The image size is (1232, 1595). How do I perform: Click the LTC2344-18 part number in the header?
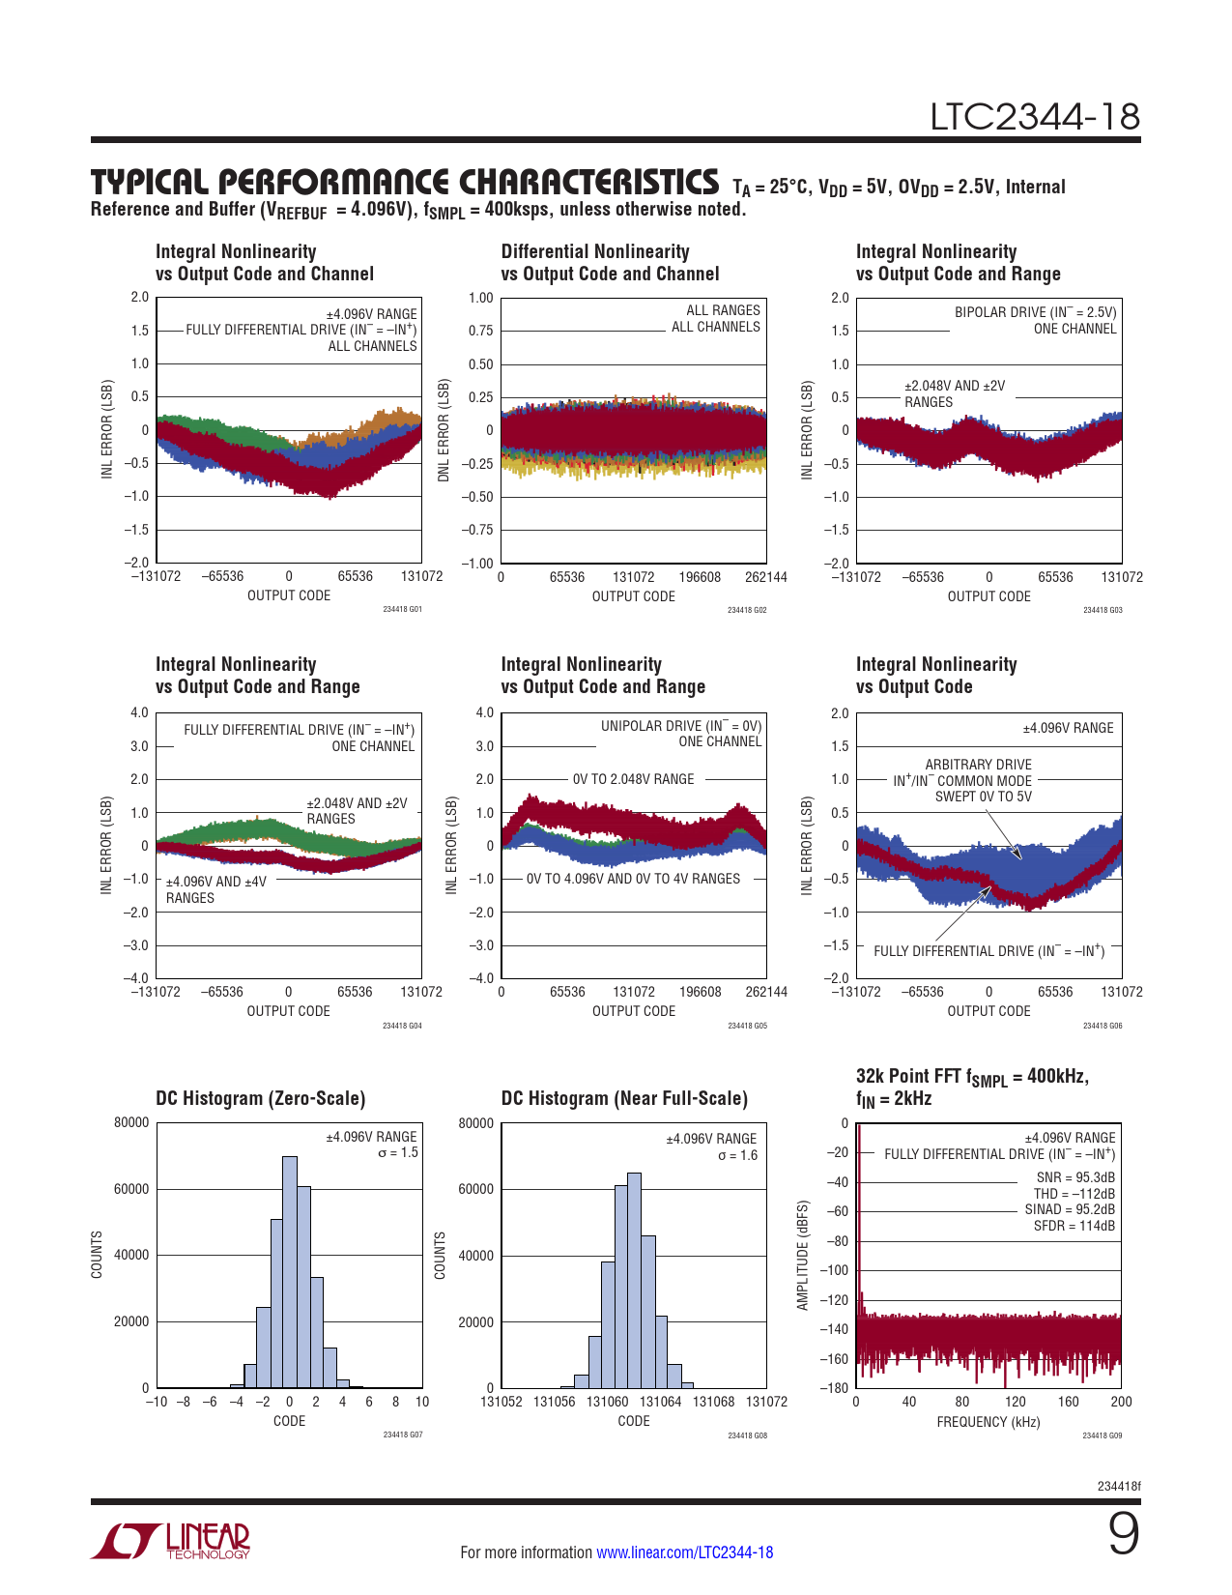(x=1035, y=117)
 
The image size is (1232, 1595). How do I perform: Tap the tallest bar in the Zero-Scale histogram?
(x=290, y=1271)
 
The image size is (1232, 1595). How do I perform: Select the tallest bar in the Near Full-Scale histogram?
(x=634, y=1280)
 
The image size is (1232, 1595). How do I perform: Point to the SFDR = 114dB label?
(x=1074, y=1226)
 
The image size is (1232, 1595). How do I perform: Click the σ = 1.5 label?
(x=398, y=1153)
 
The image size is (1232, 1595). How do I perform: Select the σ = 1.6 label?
(x=737, y=1155)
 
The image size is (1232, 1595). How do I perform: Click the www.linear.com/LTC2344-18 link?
(x=684, y=1552)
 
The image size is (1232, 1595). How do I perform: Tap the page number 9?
(x=1123, y=1534)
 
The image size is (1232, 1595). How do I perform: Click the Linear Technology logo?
(x=171, y=1541)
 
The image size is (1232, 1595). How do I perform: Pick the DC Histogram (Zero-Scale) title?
(x=261, y=1098)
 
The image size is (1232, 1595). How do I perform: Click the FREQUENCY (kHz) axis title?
(x=988, y=1422)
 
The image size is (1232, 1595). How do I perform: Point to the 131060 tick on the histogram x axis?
(x=608, y=1402)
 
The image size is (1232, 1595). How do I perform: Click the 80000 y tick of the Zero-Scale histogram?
(x=131, y=1122)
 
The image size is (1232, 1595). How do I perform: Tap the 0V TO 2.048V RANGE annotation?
(x=633, y=779)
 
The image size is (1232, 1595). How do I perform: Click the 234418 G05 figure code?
(x=747, y=1026)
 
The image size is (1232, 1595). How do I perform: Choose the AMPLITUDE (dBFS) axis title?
(x=802, y=1256)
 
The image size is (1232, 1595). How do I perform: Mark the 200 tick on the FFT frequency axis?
(x=1121, y=1402)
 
